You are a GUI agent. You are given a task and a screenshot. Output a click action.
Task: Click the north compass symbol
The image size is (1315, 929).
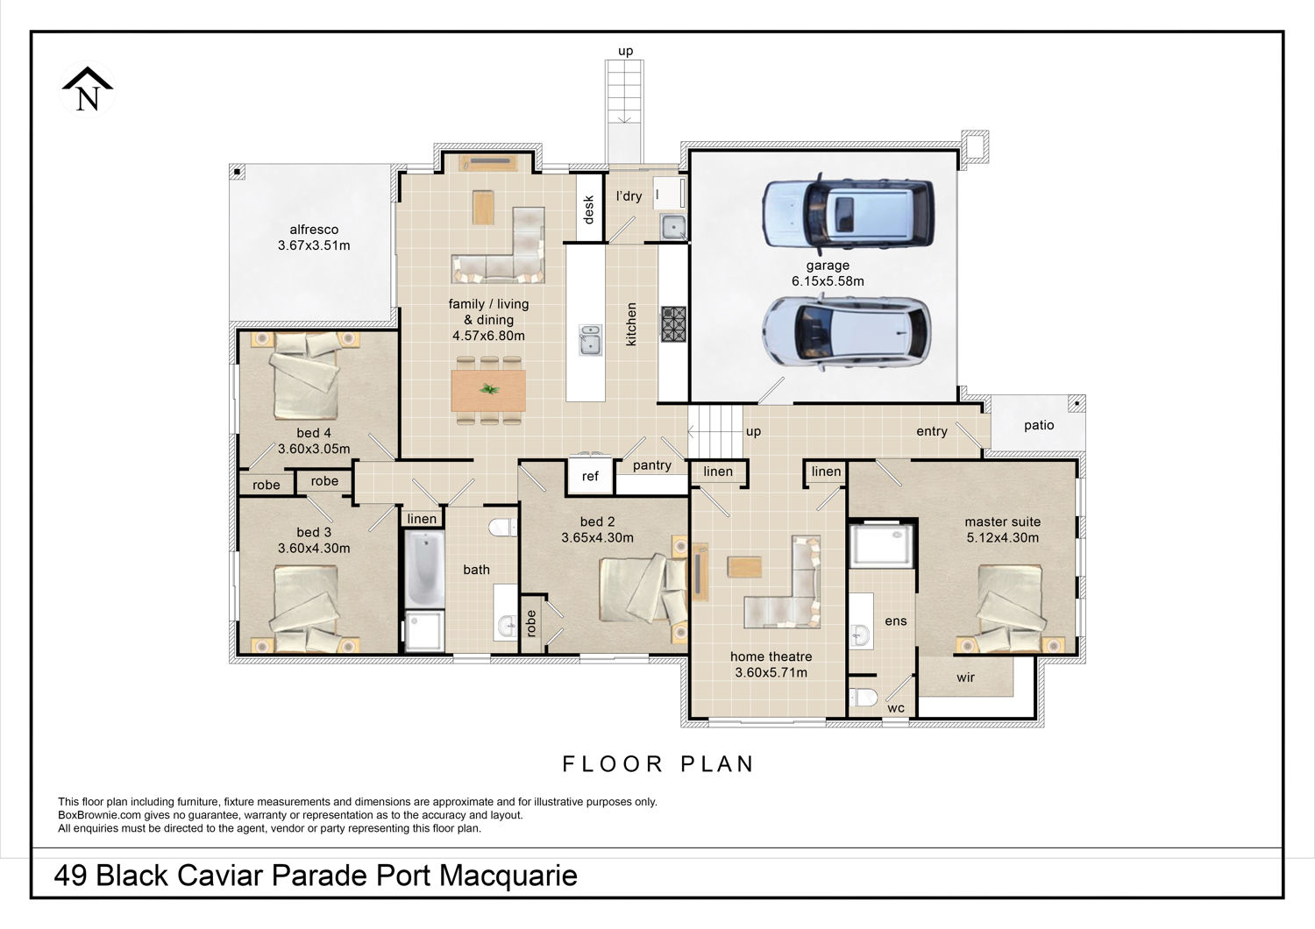tap(88, 89)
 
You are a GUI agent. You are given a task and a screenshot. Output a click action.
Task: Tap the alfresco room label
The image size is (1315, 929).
tap(314, 230)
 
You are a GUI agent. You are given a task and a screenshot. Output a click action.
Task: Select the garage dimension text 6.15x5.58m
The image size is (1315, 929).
tap(828, 281)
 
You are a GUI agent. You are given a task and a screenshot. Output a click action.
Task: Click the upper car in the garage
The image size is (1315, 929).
tap(847, 214)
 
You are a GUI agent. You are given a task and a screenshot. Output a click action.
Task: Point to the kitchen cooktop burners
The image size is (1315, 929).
tap(673, 324)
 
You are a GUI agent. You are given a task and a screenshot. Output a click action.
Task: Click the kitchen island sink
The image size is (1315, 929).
tap(590, 340)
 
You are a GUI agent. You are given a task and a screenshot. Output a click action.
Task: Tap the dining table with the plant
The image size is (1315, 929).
tap(488, 390)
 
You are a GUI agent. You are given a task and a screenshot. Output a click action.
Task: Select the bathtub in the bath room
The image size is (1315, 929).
tap(423, 570)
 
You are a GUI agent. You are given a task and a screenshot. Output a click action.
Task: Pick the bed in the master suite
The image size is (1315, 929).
tap(1010, 609)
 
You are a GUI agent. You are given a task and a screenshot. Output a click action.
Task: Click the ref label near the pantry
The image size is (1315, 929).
tap(590, 476)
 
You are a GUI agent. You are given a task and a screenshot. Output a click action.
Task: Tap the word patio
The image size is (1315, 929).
tap(1039, 425)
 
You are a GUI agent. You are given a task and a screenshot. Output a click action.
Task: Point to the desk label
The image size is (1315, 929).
tap(589, 209)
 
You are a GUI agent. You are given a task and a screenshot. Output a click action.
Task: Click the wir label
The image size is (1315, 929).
tap(966, 677)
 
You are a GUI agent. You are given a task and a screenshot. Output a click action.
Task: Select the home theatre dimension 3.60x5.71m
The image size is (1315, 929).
tap(771, 672)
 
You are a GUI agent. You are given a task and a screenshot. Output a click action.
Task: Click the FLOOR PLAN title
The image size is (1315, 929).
tap(658, 764)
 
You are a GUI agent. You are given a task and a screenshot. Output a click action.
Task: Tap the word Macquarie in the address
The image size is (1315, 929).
tap(508, 875)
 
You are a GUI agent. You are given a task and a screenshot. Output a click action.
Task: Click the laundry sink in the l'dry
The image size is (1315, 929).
tap(672, 227)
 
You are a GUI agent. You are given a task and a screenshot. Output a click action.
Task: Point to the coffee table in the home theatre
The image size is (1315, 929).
tap(744, 567)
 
